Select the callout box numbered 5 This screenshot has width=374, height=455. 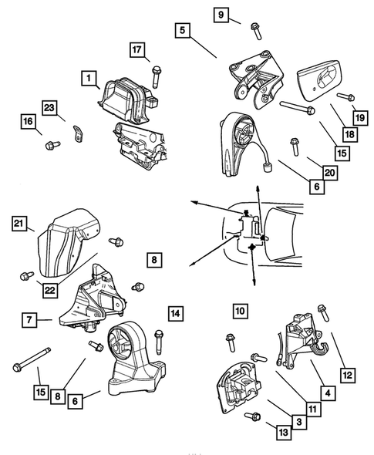tap(182, 32)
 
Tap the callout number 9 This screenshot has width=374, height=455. tap(221, 15)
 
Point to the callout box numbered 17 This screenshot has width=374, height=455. tap(137, 52)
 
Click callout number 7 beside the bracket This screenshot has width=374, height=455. tap(26, 318)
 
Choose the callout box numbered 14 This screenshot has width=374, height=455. tap(176, 313)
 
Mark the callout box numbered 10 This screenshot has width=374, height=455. tap(240, 311)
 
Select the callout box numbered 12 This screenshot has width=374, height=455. tap(349, 375)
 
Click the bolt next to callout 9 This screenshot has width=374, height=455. tap(254, 30)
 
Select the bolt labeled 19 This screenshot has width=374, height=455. tap(345, 98)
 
